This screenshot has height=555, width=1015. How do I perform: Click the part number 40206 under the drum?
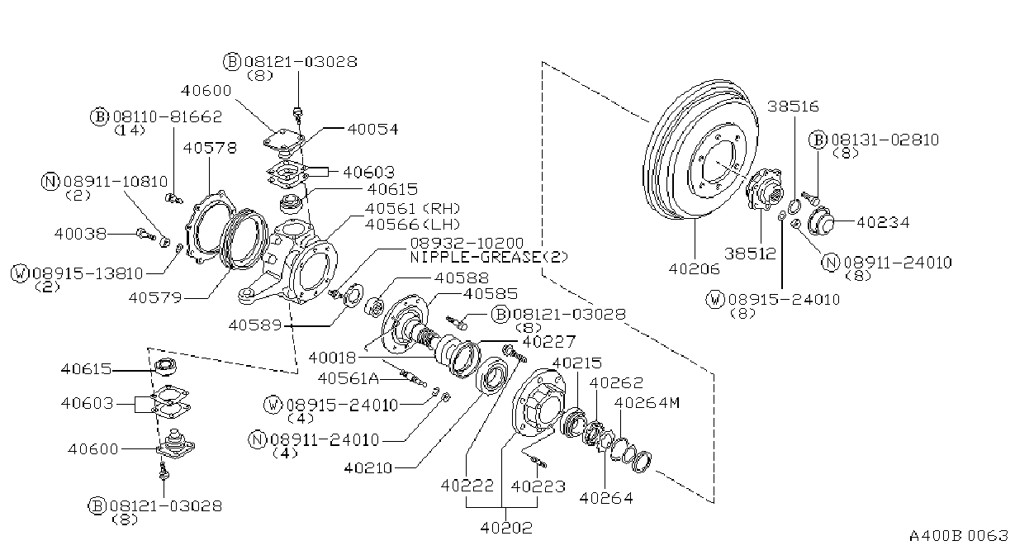click(x=695, y=269)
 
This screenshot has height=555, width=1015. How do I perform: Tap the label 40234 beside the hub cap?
click(x=883, y=222)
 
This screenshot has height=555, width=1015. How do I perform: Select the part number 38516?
click(x=793, y=107)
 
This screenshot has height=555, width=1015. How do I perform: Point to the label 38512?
click(x=751, y=254)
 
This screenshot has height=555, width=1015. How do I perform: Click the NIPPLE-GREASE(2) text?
click(x=489, y=258)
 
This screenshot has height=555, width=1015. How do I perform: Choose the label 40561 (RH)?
click(x=413, y=208)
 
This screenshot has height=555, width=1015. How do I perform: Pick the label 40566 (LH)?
click(x=413, y=225)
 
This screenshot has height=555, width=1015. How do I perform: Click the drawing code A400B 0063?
click(x=959, y=536)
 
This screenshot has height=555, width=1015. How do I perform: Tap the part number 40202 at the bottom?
click(x=506, y=528)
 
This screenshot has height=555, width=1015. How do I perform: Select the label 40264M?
click(x=647, y=403)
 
